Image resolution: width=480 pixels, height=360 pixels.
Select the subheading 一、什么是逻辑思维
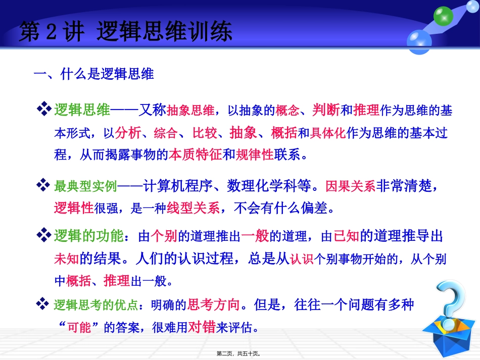tap(93, 75)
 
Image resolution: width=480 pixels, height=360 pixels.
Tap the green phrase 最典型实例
tap(85, 186)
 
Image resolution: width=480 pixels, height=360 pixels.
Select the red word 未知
tap(66, 258)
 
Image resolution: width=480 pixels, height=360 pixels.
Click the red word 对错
tap(202, 328)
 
